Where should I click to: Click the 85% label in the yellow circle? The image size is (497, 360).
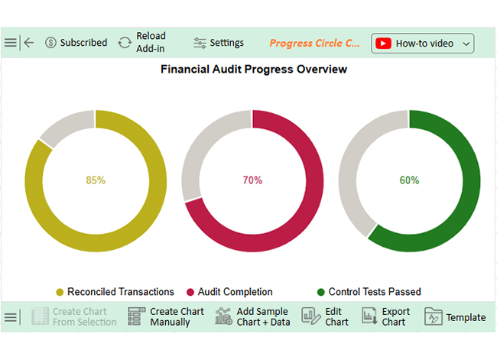96,180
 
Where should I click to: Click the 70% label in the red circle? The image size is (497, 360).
252,180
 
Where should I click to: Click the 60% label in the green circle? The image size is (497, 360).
409,180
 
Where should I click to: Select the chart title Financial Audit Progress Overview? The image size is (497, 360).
254,70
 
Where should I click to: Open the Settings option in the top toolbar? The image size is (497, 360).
219,43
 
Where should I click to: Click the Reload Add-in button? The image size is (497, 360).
142,43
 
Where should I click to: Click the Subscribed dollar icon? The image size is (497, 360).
51,43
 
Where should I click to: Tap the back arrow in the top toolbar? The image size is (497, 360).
29,43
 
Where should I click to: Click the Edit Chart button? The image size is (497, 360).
326,317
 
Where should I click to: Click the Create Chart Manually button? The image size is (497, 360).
166,317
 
